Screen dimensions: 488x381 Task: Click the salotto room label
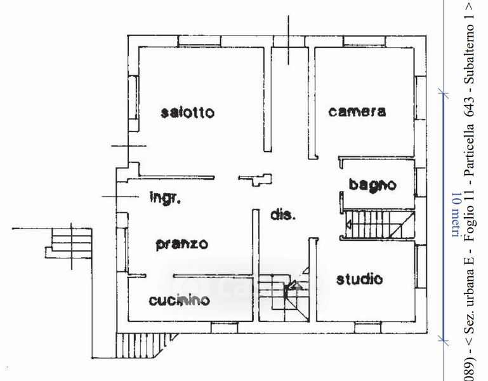click(x=188, y=113)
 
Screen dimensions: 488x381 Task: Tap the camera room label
click(x=357, y=112)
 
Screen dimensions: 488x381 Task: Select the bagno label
click(x=373, y=185)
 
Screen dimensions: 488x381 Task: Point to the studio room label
click(x=359, y=278)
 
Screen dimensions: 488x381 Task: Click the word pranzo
click(x=182, y=244)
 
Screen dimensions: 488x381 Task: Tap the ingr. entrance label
click(x=166, y=197)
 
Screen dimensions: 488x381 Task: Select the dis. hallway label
click(x=283, y=215)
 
